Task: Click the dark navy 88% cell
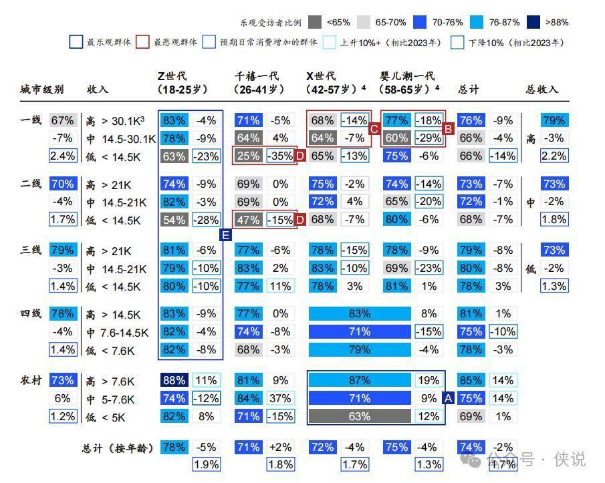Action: click(174, 381)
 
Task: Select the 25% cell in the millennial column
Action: click(248, 156)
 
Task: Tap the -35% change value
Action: click(280, 156)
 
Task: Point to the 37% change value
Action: click(280, 399)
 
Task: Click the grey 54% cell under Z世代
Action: click(174, 220)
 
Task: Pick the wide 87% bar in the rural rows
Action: click(359, 381)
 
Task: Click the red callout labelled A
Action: click(449, 398)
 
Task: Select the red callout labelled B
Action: click(449, 128)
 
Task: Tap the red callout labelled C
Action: click(375, 128)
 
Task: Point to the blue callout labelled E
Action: click(225, 234)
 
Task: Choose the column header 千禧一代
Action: click(257, 76)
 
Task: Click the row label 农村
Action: click(31, 380)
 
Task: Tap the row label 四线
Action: click(31, 313)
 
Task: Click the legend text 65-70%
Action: click(390, 23)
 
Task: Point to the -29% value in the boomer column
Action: click(428, 138)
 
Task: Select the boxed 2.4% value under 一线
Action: click(62, 156)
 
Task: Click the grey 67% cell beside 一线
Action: click(62, 120)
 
